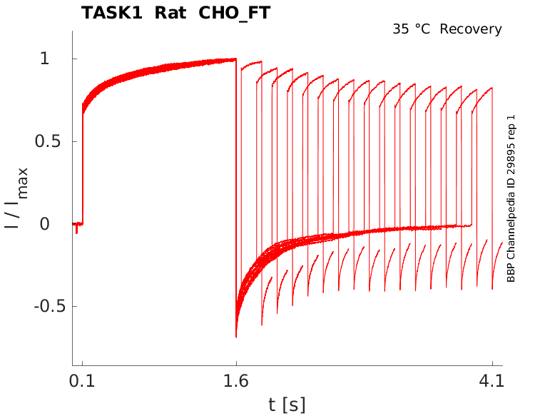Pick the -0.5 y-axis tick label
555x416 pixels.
pos(49,306)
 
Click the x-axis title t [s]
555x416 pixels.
pos(287,405)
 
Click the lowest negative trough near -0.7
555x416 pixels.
pos(236,336)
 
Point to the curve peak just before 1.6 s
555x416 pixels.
pos(235,59)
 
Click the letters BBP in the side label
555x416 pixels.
pos(511,273)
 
